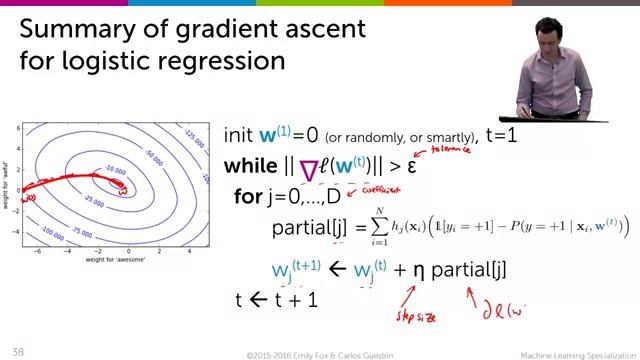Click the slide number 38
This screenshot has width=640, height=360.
click(17, 352)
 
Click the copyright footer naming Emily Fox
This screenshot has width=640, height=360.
click(318, 353)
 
